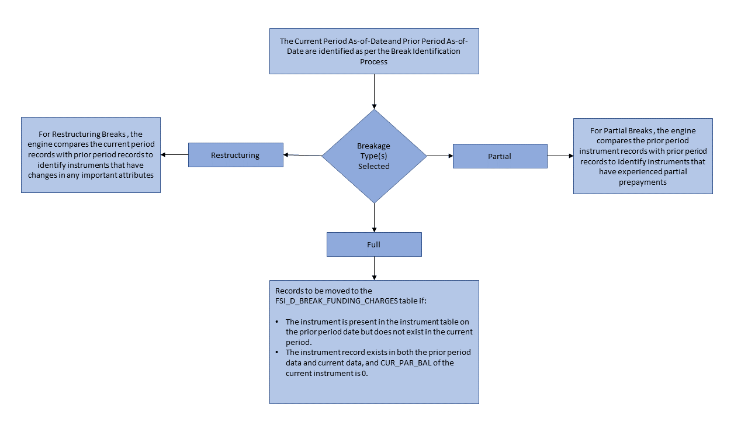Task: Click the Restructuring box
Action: point(236,156)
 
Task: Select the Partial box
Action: point(500,156)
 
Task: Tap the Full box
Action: point(374,244)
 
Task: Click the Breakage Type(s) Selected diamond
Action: point(374,156)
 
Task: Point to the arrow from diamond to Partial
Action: point(440,156)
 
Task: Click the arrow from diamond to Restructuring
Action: point(303,156)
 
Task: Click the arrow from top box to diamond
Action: point(374,91)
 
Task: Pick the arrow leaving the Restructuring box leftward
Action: point(174,155)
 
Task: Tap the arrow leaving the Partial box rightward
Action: point(560,156)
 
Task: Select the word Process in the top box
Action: point(374,61)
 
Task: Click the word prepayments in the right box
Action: point(643,182)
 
